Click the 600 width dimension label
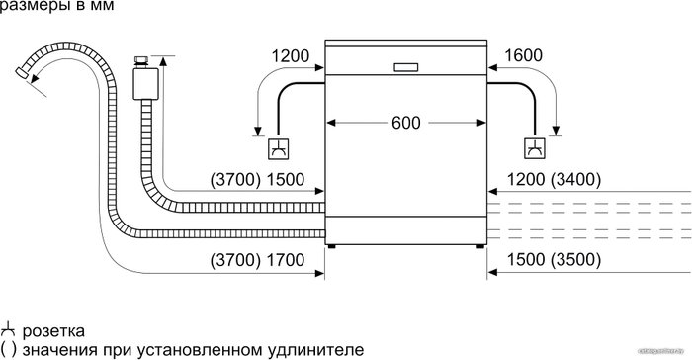(406, 123)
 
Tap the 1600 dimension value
(523, 55)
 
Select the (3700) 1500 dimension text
(257, 180)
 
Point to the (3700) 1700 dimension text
(257, 260)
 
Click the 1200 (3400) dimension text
(554, 180)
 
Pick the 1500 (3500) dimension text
(554, 260)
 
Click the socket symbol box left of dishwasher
(279, 149)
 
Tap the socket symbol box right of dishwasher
(535, 148)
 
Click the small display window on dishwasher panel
(405, 67)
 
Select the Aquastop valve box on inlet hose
(145, 84)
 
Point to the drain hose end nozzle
(22, 73)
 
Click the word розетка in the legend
(53, 331)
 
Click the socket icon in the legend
(8, 331)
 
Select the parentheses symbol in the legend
(8, 350)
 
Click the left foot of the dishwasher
(332, 246)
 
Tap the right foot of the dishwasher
(480, 246)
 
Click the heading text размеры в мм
(56, 5)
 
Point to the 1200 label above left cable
(291, 56)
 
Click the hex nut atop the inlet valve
(141, 61)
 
